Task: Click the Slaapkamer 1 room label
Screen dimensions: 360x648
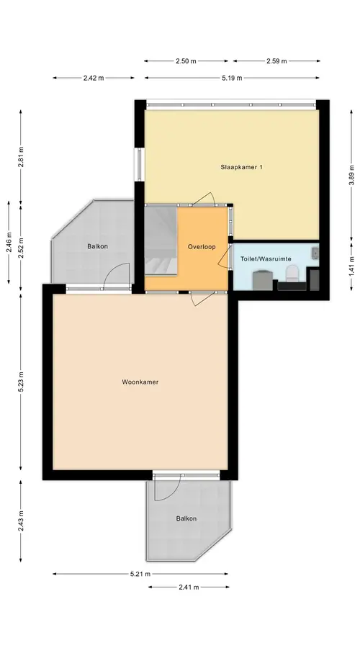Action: coord(242,167)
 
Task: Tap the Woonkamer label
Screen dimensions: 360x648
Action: coord(140,382)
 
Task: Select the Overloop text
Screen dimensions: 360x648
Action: coord(202,247)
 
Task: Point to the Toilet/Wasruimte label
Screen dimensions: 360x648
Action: coord(266,258)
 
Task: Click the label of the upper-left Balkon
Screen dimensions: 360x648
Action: coord(97,246)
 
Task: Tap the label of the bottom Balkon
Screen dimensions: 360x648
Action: coord(186,518)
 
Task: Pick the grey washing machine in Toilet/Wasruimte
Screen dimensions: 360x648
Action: coord(263,280)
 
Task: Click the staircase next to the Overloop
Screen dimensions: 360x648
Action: coord(161,240)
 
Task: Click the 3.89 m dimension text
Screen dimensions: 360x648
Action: coord(352,174)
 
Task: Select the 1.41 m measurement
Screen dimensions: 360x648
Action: coord(352,266)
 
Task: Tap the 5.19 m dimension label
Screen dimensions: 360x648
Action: coord(232,78)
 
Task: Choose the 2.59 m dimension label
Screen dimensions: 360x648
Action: coord(276,61)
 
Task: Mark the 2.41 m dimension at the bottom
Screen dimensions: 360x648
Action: coord(189,587)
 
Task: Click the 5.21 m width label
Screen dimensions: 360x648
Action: coord(140,574)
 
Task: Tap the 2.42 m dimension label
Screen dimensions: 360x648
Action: coord(94,78)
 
